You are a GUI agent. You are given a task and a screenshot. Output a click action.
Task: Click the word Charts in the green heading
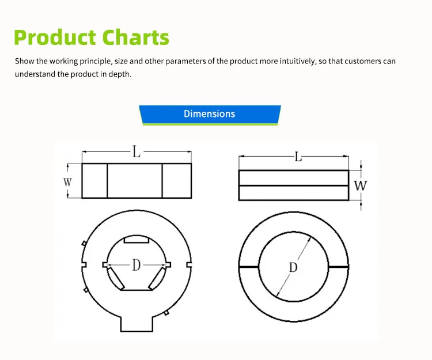(135, 37)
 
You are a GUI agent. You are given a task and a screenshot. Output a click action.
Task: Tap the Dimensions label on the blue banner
(210, 113)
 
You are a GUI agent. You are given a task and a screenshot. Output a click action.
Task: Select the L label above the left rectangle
(137, 151)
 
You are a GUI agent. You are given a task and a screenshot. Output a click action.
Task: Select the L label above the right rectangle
(298, 157)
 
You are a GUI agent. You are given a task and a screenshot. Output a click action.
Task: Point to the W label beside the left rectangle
(67, 182)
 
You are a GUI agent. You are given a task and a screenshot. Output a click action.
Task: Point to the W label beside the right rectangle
(361, 185)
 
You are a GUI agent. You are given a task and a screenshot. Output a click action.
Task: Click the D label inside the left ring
(137, 265)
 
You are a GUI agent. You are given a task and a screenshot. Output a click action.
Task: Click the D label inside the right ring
(293, 267)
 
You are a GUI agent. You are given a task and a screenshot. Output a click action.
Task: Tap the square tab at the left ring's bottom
(137, 324)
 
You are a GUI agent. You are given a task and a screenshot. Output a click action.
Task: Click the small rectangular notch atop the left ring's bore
(137, 240)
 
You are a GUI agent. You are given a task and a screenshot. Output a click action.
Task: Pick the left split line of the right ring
(249, 267)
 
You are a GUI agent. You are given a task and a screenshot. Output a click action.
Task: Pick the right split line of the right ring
(339, 267)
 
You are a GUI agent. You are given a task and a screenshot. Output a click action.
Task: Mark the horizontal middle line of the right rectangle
(294, 185)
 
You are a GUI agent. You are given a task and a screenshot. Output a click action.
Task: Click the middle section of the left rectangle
(135, 181)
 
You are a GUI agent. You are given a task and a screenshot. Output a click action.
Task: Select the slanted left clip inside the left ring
(115, 278)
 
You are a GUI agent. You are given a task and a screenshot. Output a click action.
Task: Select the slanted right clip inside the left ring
(157, 278)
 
